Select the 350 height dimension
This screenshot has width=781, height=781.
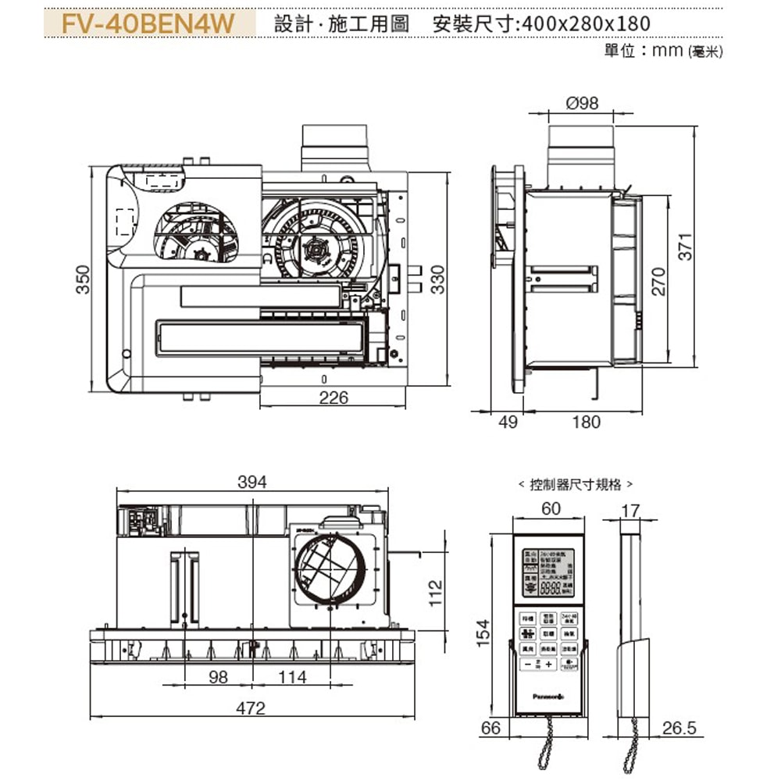click(83, 280)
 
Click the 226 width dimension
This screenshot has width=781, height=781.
click(333, 398)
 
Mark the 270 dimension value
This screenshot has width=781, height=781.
click(658, 281)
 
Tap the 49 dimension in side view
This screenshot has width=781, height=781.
click(508, 423)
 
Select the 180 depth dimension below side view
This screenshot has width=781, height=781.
click(586, 423)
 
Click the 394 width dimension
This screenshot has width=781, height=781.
click(251, 483)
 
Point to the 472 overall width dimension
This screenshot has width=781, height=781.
click(251, 708)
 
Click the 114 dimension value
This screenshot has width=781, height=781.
click(293, 677)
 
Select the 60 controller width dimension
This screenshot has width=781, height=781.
click(551, 508)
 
